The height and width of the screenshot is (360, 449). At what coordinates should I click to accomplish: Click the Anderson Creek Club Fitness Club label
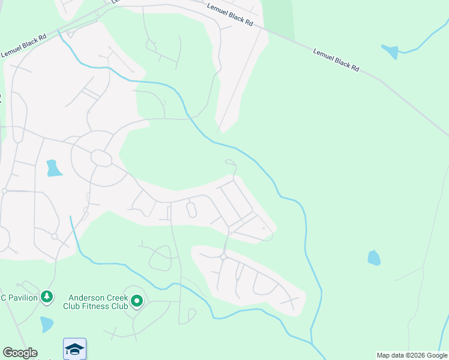click(95, 301)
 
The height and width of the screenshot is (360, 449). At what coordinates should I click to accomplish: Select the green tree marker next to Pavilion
click(47, 296)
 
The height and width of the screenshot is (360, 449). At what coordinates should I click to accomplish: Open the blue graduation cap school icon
click(75, 349)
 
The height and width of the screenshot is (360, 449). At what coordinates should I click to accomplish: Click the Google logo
click(20, 353)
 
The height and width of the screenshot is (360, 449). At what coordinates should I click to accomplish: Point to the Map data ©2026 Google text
click(412, 355)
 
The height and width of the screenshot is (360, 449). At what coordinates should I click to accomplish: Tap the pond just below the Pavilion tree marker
click(47, 324)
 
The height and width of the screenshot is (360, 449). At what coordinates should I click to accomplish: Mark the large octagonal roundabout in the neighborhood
click(101, 158)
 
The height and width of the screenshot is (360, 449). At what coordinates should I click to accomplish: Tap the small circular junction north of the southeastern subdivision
click(223, 257)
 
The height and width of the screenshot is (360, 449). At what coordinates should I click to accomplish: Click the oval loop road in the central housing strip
click(191, 210)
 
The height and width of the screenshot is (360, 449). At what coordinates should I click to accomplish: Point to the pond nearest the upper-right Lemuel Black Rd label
click(390, 52)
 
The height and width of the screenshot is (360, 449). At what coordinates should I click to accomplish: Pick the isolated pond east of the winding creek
click(374, 258)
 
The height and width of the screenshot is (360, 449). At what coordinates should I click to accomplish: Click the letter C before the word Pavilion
click(3, 297)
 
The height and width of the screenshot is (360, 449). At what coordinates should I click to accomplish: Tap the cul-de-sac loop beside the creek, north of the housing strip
click(229, 161)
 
